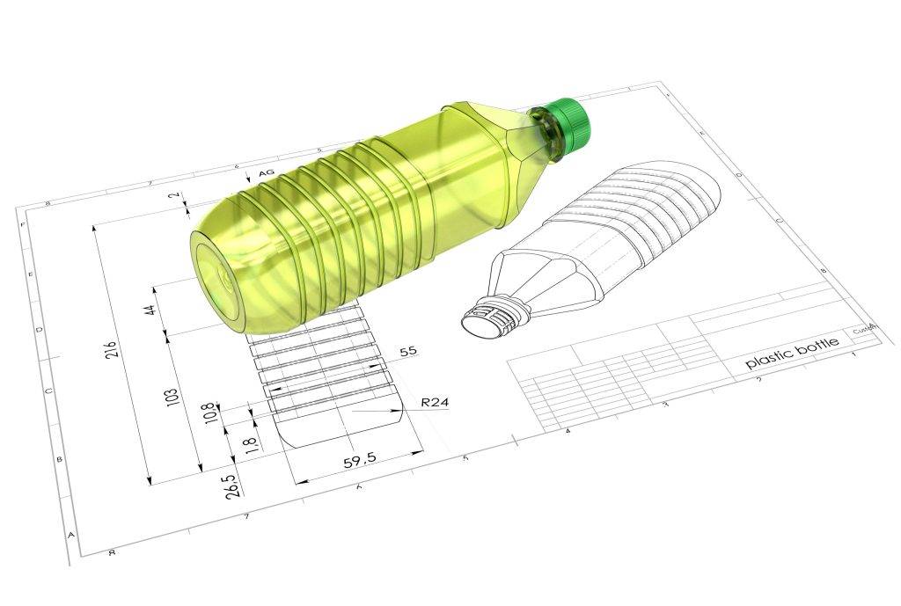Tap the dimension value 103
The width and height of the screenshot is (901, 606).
click(x=173, y=396)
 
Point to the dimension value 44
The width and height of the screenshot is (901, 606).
click(x=150, y=310)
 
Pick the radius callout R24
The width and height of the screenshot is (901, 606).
click(x=435, y=402)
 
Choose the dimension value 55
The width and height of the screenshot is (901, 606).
click(x=407, y=352)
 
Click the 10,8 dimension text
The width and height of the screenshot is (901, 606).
click(x=208, y=413)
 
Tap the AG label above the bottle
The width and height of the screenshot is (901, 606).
click(x=266, y=173)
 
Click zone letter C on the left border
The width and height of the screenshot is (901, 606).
click(x=48, y=392)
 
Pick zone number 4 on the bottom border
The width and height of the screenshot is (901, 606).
click(x=567, y=431)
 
